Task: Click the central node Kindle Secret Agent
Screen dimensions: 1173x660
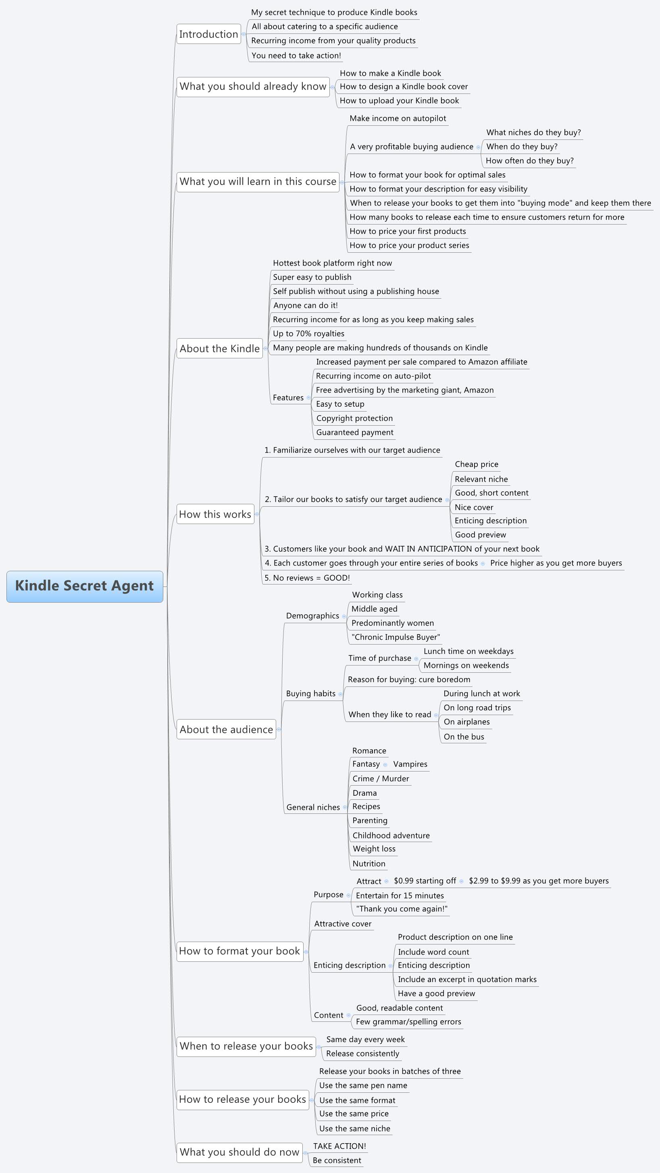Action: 85,586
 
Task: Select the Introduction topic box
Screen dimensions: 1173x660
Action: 208,34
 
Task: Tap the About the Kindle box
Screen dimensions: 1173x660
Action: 220,348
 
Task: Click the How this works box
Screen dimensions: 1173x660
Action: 215,514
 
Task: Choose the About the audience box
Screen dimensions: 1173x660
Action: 226,730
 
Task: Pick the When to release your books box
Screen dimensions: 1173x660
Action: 246,1046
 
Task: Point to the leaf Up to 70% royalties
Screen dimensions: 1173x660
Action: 308,334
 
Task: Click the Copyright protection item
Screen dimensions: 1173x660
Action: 354,418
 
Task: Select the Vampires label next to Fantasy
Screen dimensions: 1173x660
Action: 410,764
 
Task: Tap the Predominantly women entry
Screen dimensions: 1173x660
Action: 393,623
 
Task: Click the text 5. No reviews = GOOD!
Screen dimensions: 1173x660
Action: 307,578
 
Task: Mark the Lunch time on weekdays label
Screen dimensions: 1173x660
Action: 468,651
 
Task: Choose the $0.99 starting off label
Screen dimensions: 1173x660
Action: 425,881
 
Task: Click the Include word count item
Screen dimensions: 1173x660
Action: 433,952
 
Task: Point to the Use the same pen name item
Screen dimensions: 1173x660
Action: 363,1086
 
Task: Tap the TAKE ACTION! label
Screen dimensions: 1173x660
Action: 339,1146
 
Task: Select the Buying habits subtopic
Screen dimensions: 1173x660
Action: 310,693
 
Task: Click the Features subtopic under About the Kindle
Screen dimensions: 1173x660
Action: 288,397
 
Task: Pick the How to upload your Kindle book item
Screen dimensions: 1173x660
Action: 399,101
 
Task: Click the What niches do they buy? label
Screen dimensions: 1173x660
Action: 533,133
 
